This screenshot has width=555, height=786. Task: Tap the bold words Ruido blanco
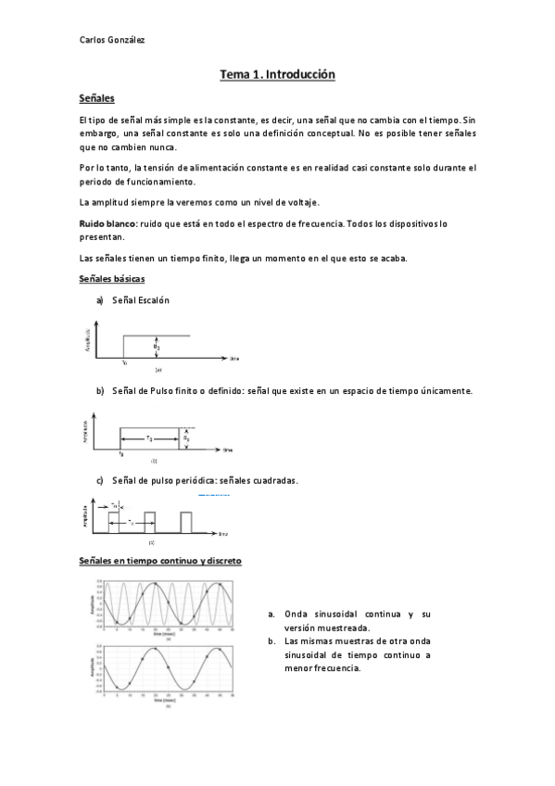click(x=108, y=223)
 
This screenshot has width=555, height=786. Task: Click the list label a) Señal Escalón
click(x=133, y=300)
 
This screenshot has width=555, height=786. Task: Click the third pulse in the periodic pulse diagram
click(x=186, y=521)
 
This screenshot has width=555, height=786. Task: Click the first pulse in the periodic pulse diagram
click(x=114, y=521)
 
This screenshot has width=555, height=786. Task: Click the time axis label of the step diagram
click(x=235, y=357)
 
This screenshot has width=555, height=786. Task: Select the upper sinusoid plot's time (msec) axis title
click(x=168, y=633)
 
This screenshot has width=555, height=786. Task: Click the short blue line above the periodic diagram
click(x=214, y=495)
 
